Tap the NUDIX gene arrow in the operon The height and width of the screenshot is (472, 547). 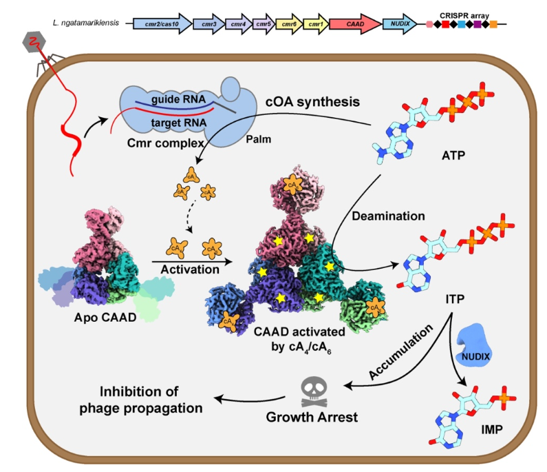pyautogui.click(x=400, y=24)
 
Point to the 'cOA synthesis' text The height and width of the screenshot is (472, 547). pyautogui.click(x=313, y=102)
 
